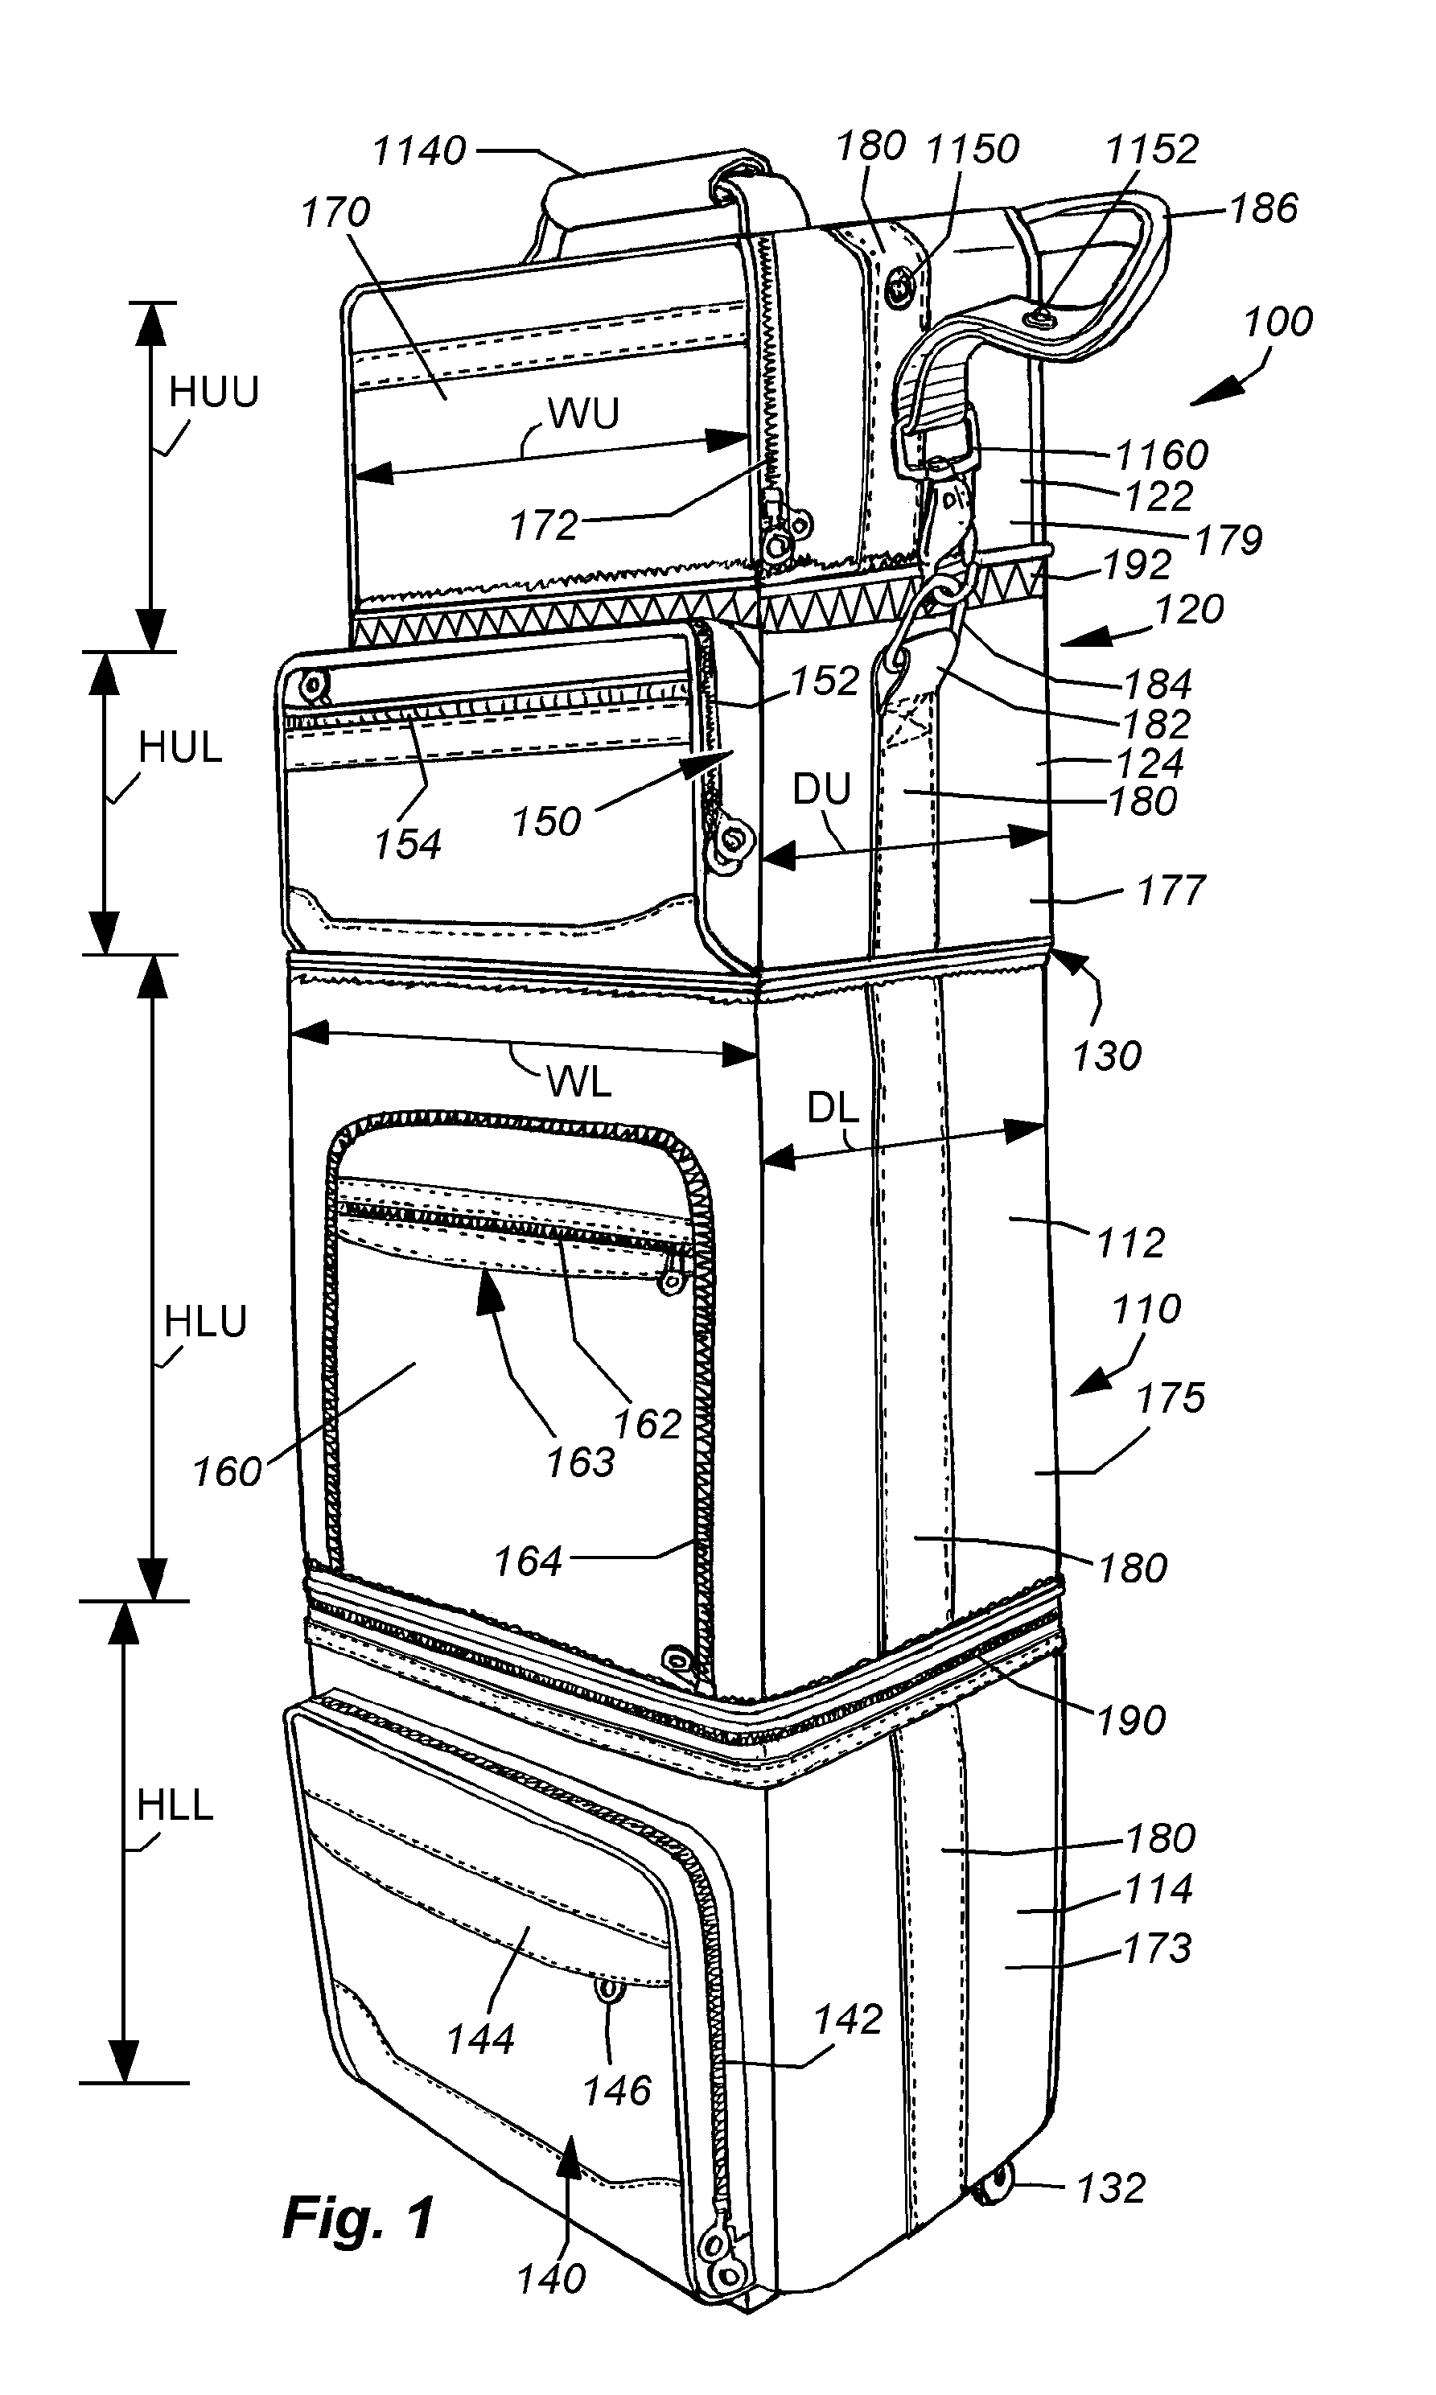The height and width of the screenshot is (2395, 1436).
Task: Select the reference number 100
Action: [1278, 321]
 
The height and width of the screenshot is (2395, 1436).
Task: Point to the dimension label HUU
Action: [214, 392]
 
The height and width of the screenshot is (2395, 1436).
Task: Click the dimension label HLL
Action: [175, 1805]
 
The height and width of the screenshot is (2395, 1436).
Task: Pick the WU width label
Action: [583, 414]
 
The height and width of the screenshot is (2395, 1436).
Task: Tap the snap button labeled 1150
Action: [902, 286]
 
